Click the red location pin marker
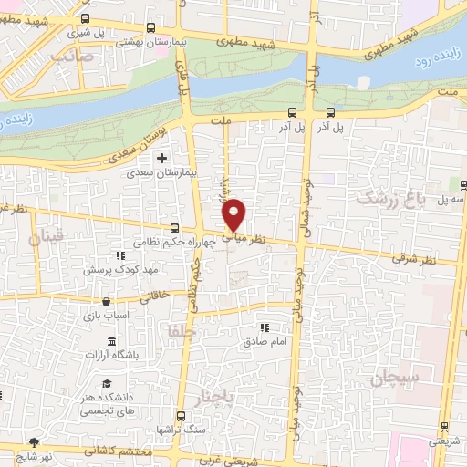[x=234, y=213]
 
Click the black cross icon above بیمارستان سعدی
[x=162, y=159]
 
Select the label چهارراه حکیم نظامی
[x=174, y=244]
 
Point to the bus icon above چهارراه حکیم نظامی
[x=174, y=229]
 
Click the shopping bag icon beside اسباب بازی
[x=107, y=300]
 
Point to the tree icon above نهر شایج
[x=35, y=441]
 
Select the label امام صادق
[x=265, y=342]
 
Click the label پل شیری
[x=88, y=32]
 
